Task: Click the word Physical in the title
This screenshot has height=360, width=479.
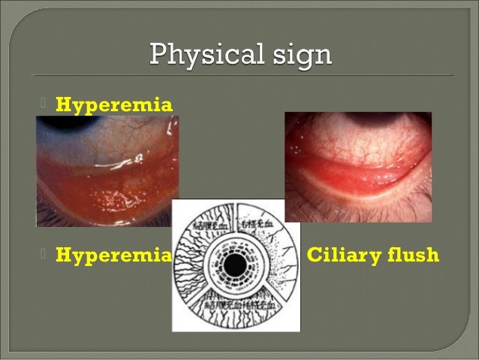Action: (198, 56)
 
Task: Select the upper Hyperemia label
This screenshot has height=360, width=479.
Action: (115, 104)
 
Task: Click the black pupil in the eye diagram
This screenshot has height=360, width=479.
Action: (235, 265)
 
